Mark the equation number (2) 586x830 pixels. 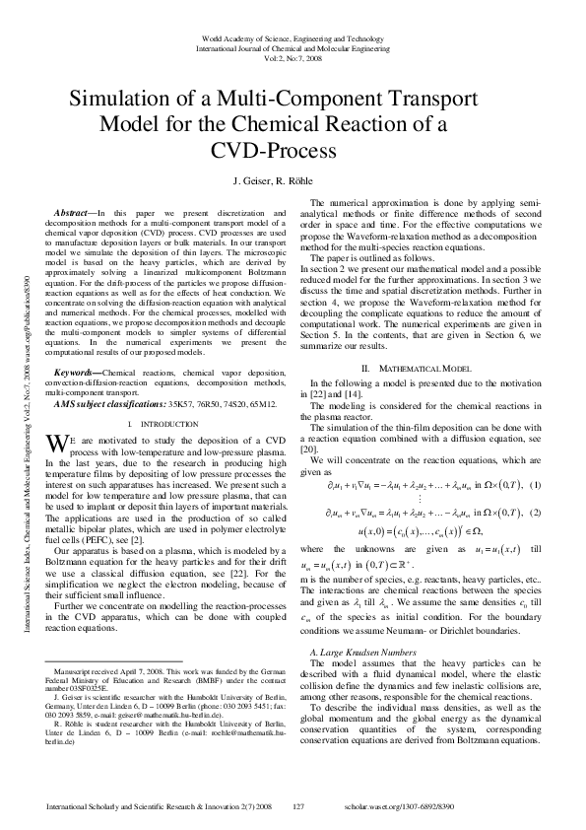click(x=535, y=514)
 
